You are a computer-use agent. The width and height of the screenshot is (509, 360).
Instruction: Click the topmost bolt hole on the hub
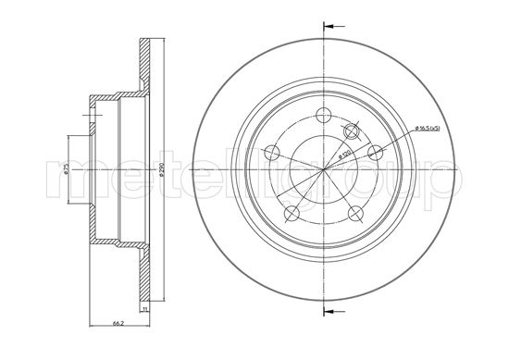(322, 118)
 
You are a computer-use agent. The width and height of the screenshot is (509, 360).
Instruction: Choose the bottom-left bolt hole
(292, 214)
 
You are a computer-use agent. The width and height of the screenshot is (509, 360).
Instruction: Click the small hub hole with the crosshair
(351, 131)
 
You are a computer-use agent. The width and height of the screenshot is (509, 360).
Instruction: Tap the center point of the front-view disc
(323, 172)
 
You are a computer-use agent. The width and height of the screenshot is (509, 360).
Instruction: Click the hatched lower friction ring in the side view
(144, 278)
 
